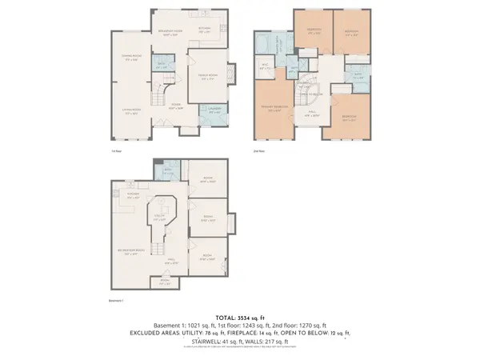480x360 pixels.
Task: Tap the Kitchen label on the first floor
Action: (203, 28)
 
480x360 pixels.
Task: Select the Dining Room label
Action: (131, 56)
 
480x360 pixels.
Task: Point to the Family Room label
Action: (209, 77)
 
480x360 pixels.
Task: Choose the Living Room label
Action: (131, 113)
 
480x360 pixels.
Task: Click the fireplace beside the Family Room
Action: (233, 75)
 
